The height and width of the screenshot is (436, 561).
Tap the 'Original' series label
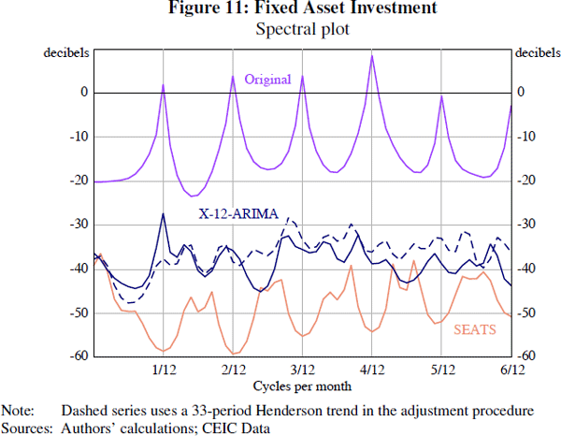tap(267, 80)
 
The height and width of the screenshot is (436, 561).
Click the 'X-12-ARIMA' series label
tap(238, 213)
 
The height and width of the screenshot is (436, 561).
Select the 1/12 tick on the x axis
tap(164, 370)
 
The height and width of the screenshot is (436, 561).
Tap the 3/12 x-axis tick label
tap(303, 370)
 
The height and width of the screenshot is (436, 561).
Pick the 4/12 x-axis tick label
tap(372, 370)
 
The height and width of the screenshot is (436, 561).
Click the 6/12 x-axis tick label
tap(511, 370)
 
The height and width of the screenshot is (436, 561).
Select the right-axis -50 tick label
tap(528, 312)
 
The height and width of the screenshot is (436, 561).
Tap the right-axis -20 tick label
tap(528, 181)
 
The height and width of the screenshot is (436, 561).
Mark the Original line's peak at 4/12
tap(372, 56)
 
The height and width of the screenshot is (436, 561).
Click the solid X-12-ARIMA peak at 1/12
tap(164, 214)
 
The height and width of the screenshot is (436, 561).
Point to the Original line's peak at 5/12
tap(441, 97)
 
